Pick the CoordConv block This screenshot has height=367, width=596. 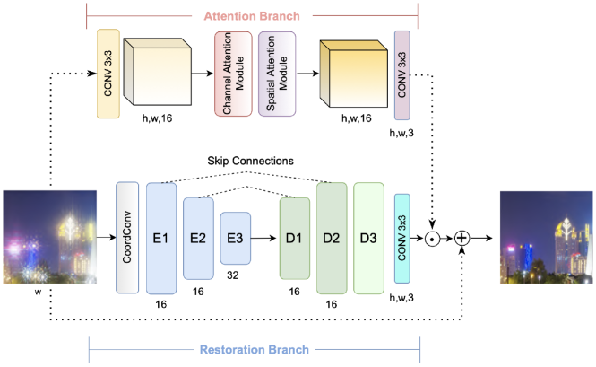[127, 237]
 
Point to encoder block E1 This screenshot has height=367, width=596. [161, 237]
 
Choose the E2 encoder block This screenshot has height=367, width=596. [198, 238]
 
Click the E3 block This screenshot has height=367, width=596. [234, 238]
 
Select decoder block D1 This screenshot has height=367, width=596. [294, 238]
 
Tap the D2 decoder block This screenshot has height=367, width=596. [331, 237]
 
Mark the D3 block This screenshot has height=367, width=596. [367, 237]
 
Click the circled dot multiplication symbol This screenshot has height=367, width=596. [434, 238]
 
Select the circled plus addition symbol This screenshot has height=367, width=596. [462, 238]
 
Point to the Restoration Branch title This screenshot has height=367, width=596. [255, 350]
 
